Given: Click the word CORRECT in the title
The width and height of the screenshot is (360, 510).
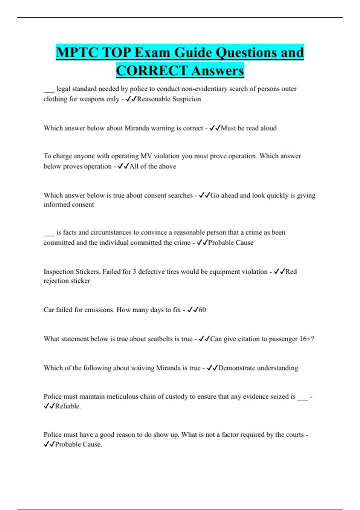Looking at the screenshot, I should tap(152, 71).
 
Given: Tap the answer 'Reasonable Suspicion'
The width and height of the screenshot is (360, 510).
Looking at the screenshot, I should tap(169, 99).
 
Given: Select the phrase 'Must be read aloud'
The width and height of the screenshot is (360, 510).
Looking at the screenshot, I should tap(249, 128).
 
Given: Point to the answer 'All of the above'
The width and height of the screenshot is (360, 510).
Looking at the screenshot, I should tap(153, 166).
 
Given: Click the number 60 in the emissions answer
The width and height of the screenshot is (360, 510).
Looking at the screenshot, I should tap(202, 310).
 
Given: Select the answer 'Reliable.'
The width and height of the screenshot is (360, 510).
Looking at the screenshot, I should tap(68, 406).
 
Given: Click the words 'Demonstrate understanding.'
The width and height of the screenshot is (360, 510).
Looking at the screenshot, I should tap(259, 368).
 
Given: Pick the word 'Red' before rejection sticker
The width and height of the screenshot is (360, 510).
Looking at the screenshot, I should tap(291, 271).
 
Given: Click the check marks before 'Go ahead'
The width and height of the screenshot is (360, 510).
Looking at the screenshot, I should tap(204, 195).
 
